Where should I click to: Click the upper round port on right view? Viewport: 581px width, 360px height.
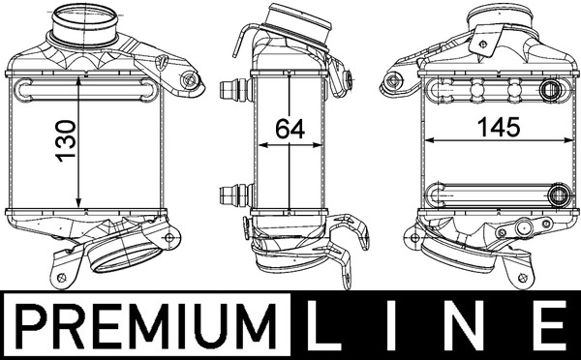pos(555,92)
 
